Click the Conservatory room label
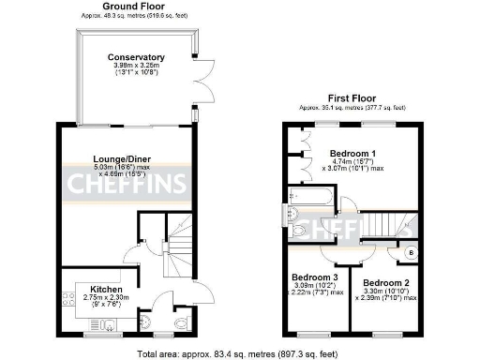(x=136, y=57)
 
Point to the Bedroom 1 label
(x=352, y=153)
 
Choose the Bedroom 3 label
(x=315, y=277)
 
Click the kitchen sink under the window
(x=106, y=325)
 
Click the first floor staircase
(x=376, y=225)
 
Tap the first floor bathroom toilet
(x=298, y=229)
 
